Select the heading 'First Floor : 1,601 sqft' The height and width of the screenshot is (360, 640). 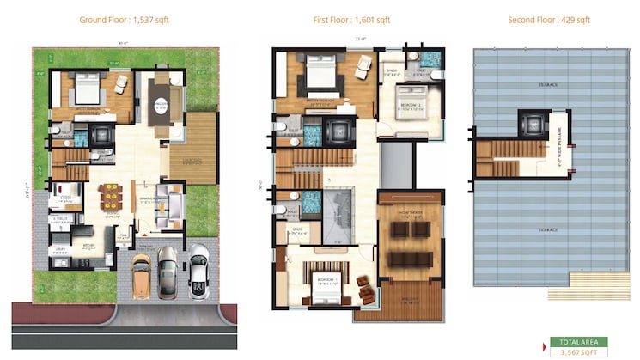350,19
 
